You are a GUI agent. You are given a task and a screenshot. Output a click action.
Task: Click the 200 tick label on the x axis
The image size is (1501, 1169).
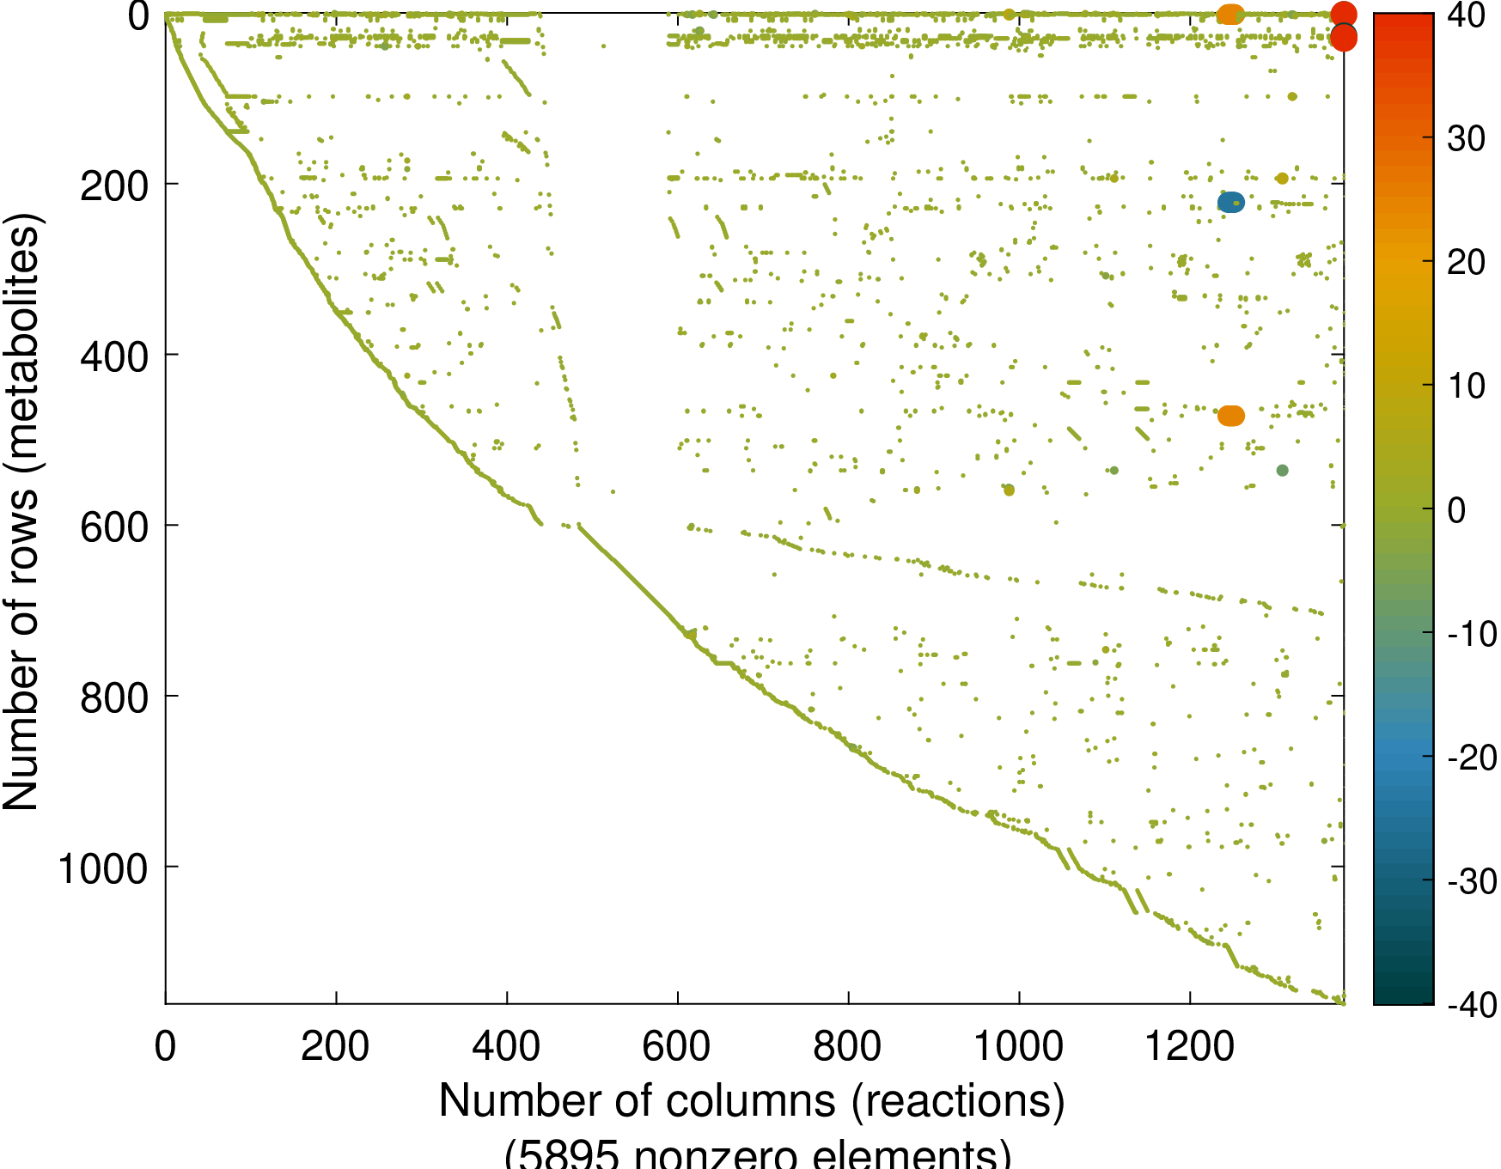click(335, 1046)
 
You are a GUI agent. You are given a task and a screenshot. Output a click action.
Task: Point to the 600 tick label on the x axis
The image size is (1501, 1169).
click(676, 1046)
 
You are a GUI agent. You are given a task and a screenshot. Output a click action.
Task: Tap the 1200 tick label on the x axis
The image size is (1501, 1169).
click(1190, 1046)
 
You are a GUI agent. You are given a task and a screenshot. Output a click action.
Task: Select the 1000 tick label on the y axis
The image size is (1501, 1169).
click(103, 869)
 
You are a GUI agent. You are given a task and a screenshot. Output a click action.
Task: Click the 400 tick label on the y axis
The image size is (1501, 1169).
click(114, 356)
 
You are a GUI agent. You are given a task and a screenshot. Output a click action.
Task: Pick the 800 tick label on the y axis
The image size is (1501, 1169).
click(114, 698)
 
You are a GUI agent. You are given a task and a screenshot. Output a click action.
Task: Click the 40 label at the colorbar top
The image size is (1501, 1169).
click(1466, 15)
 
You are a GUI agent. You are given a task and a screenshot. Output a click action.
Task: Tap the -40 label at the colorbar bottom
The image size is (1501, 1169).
click(1472, 1003)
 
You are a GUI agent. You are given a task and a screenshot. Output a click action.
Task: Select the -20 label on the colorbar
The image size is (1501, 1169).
click(1472, 758)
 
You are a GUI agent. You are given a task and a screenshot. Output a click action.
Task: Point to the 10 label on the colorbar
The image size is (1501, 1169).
click(1466, 386)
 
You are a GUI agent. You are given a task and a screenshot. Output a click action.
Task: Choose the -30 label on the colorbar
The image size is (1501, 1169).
click(1472, 881)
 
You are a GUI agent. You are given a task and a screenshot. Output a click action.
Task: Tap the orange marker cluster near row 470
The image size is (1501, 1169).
click(1230, 416)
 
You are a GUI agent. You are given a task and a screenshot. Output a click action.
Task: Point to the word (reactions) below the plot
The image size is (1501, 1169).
click(958, 1100)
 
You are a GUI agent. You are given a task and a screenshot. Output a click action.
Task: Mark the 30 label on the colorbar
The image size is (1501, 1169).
click(1466, 138)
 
